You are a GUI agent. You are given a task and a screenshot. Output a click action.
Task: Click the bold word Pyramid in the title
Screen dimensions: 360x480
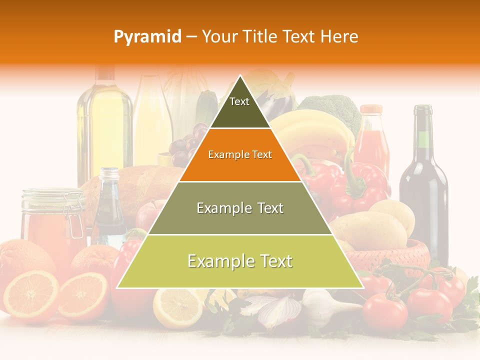coord(147,36)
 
